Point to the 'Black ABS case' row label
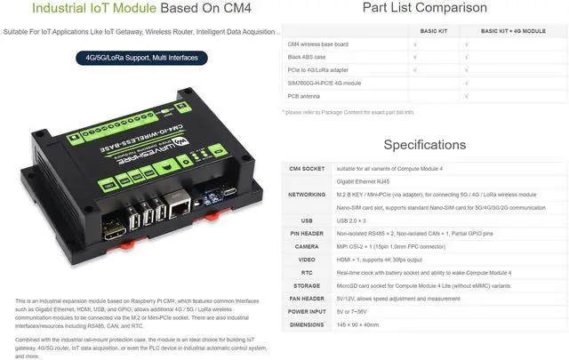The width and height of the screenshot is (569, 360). tap(307, 56)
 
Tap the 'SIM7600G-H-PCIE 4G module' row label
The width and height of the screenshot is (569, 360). tap(325, 83)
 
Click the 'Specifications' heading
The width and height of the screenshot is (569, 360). tap(425, 144)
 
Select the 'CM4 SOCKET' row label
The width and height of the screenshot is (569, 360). tap(307, 167)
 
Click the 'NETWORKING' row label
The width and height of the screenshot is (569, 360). tap(306, 194)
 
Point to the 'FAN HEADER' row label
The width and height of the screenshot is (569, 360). tap(306, 299)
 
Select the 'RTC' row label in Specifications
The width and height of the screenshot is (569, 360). tap(306, 272)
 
